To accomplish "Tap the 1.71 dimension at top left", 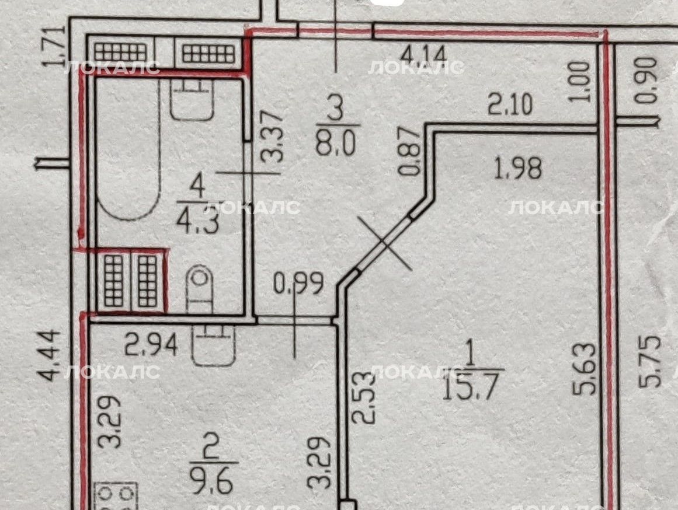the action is (54, 47).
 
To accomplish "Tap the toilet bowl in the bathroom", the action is (200, 288).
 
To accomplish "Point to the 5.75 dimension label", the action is (650, 361).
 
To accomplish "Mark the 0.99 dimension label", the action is (298, 284).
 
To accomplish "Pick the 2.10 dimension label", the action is (510, 104).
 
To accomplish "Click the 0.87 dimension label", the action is (409, 151).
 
